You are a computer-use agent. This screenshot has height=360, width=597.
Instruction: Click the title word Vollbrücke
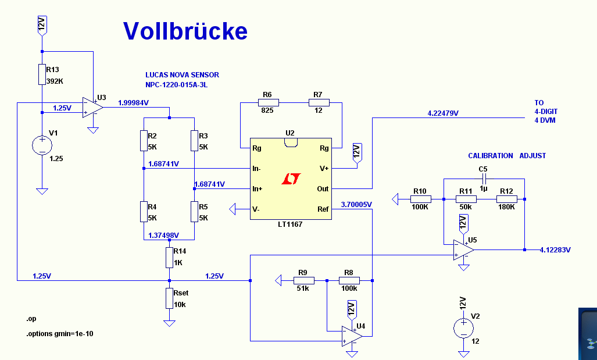(x=185, y=31)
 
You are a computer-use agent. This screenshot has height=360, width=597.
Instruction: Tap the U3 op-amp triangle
(x=92, y=107)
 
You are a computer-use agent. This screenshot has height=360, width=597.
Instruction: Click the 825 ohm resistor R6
(x=268, y=103)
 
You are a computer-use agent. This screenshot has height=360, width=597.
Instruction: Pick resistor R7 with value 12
(x=319, y=103)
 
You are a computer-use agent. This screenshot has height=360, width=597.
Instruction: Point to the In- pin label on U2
(x=256, y=169)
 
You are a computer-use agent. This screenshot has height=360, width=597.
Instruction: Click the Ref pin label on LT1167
(x=323, y=209)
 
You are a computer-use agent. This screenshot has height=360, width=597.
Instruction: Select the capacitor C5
(x=484, y=179)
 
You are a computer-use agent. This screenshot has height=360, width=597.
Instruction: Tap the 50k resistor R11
(x=466, y=199)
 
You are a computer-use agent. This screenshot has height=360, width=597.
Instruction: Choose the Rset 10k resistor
(x=169, y=298)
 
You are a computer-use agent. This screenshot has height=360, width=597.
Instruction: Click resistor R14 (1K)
(x=169, y=256)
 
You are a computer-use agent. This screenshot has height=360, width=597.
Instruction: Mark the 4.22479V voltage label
(x=442, y=113)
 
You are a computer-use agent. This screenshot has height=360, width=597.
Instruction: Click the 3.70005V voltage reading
(x=356, y=204)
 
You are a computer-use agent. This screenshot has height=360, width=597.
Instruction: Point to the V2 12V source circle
(x=463, y=328)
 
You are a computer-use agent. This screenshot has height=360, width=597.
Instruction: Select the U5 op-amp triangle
(x=464, y=249)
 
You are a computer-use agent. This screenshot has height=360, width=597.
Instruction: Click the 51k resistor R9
(x=302, y=281)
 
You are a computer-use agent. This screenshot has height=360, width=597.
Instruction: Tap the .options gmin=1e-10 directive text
(x=59, y=334)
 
